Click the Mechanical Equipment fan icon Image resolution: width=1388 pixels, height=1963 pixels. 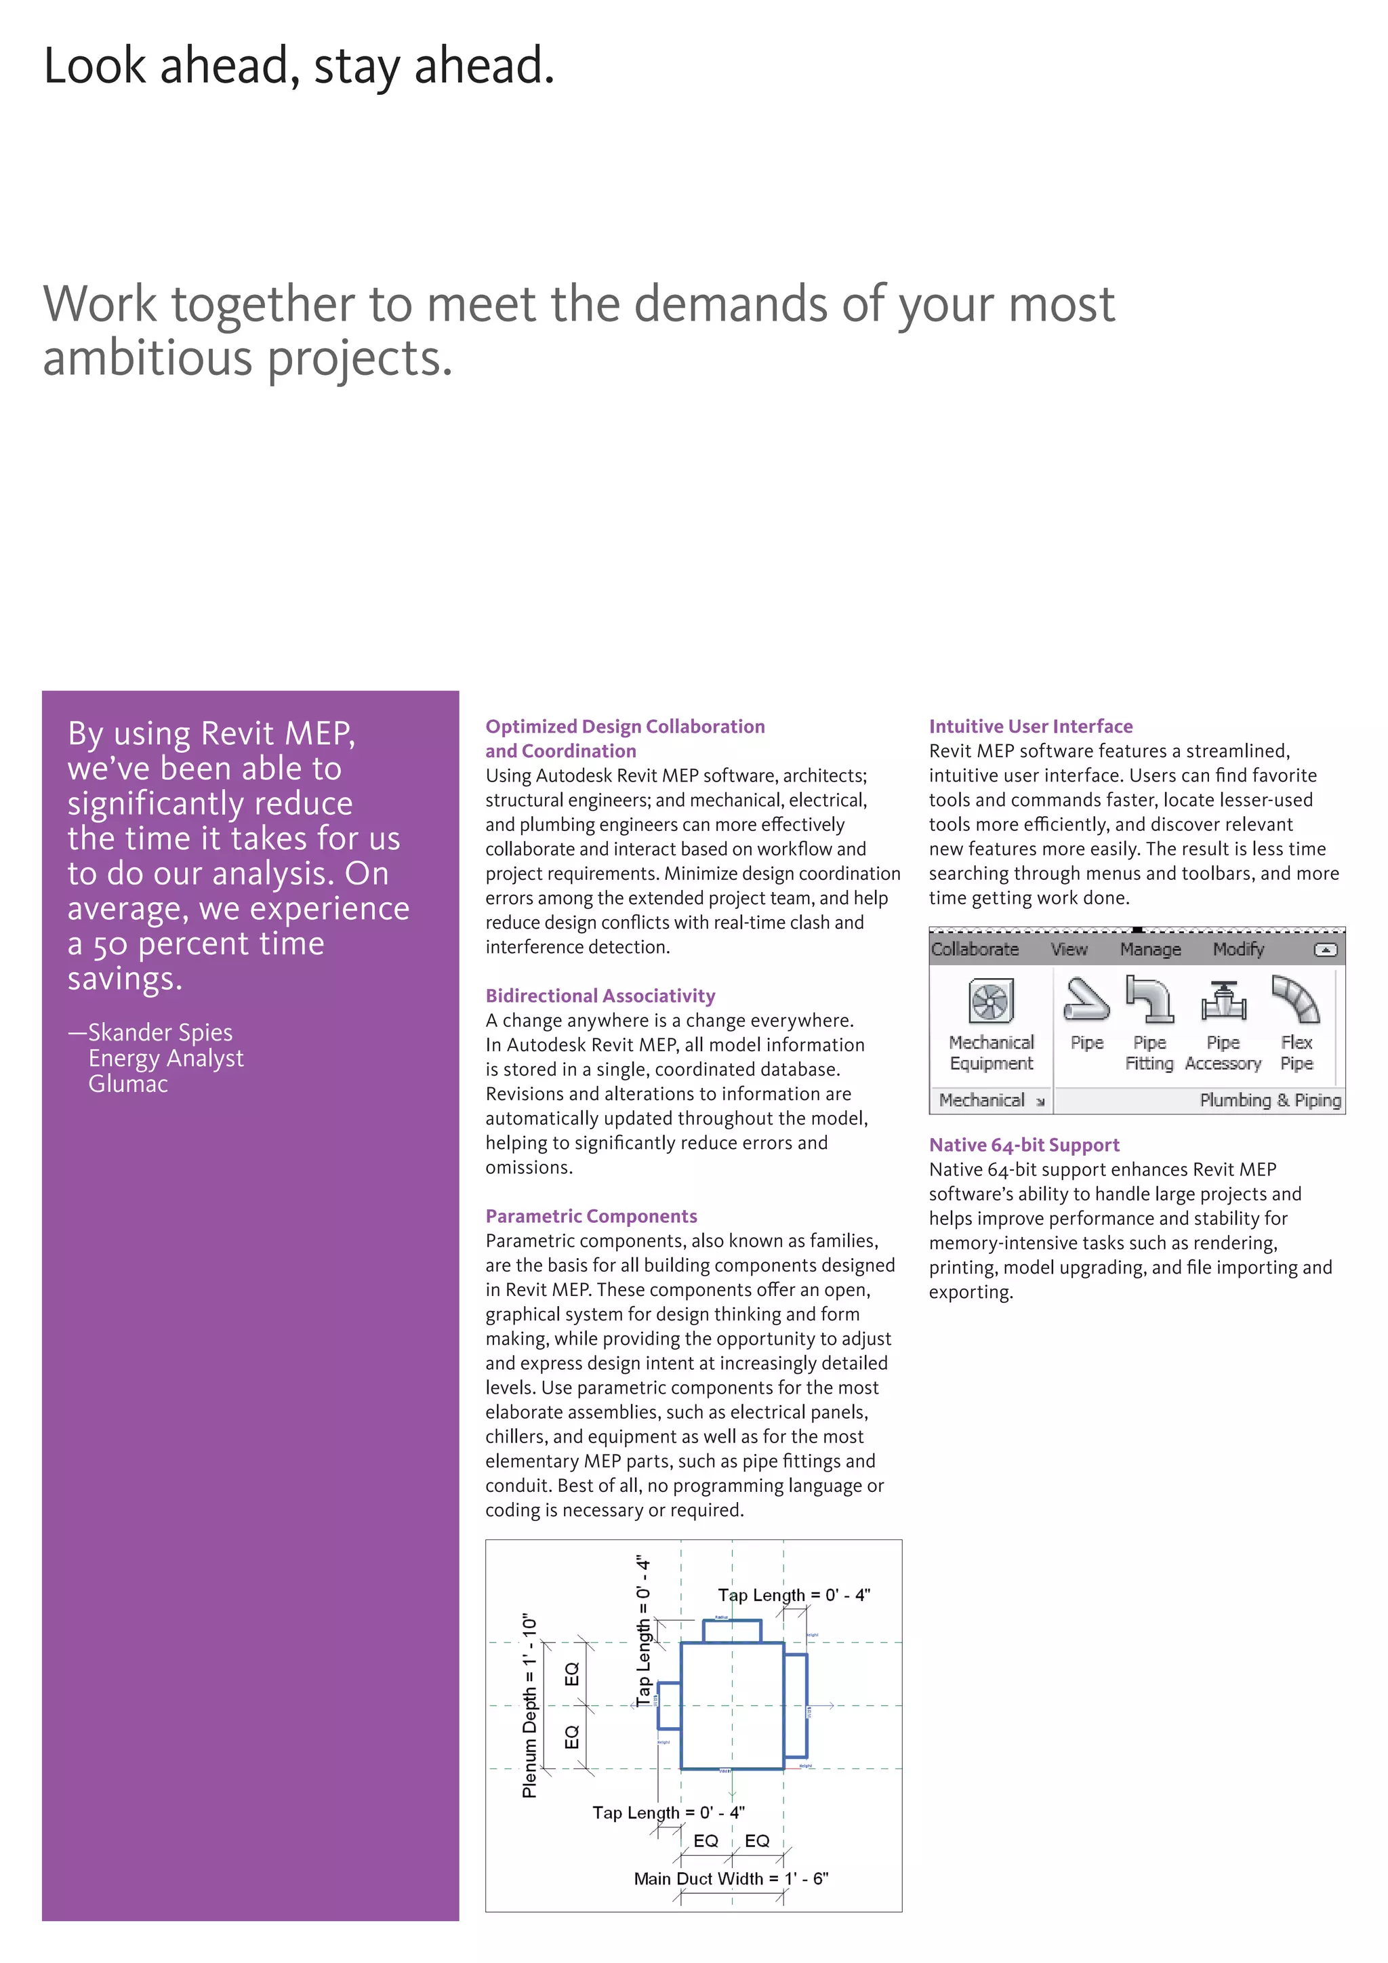point(991,1001)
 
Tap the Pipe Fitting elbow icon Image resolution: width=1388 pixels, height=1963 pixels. point(1149,999)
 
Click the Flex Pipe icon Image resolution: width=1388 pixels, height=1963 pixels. point(1296,999)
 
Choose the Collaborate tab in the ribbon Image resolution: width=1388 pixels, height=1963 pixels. point(975,949)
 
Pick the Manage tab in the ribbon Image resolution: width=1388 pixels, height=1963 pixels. point(1150,949)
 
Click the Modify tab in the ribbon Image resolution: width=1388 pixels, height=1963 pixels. point(1238,949)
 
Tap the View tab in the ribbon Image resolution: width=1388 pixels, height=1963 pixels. point(1068,949)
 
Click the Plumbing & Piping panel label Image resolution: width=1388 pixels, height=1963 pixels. point(1270,1100)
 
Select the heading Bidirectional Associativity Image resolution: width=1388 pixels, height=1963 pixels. point(600,996)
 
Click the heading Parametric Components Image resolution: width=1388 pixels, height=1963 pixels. point(590,1216)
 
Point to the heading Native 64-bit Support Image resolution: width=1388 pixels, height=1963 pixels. point(1024,1145)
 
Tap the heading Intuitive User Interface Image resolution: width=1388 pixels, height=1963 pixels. point(1030,726)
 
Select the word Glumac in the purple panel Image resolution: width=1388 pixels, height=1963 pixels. point(128,1084)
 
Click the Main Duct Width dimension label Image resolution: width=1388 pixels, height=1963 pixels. point(731,1878)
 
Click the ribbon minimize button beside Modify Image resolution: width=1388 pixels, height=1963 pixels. point(1325,950)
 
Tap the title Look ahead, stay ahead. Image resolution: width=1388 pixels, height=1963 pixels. point(299,66)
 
